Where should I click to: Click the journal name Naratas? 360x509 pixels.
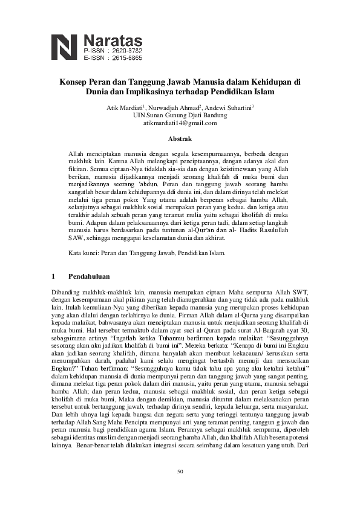coord(113,39)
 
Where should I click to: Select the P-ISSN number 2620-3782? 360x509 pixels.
coord(125,50)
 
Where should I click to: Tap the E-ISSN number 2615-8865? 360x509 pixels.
coord(125,58)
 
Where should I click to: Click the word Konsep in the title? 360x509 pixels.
coord(73,82)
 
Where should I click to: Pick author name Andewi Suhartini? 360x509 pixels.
coord(229,106)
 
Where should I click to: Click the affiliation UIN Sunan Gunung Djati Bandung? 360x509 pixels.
coord(180,114)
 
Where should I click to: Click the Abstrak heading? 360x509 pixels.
coord(180,139)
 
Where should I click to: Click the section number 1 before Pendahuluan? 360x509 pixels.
coord(54,277)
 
